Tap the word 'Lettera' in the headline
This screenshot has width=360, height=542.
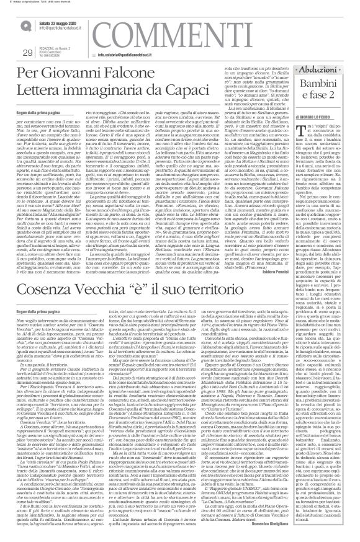[x=37, y=92]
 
